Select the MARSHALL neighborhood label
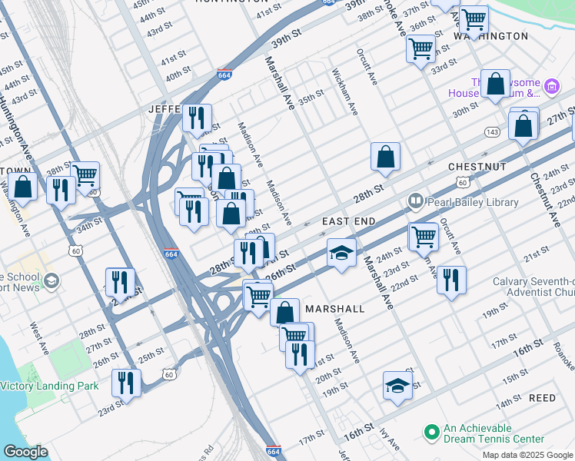point(334,308)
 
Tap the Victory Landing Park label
point(48,386)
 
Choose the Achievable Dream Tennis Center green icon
point(431,433)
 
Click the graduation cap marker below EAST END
point(341,253)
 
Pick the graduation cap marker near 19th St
point(397,386)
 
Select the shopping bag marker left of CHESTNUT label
point(385,157)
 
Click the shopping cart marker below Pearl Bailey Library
point(423,237)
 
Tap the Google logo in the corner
point(25,452)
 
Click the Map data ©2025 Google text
point(527,455)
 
